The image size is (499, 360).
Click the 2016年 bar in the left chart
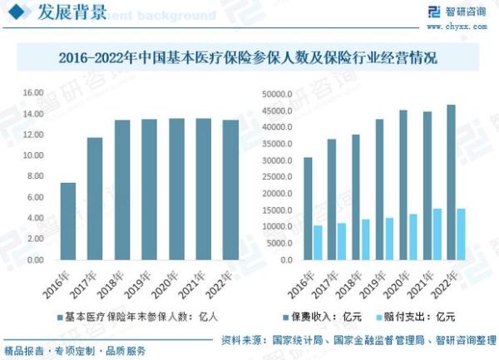pyautogui.click(x=68, y=221)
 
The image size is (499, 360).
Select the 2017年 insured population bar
pyautogui.click(x=94, y=199)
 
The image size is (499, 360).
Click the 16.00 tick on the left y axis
pyautogui.click(x=32, y=93)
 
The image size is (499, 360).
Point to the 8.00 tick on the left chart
pyautogui.click(x=34, y=176)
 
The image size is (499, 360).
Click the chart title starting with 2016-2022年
pyautogui.click(x=248, y=59)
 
